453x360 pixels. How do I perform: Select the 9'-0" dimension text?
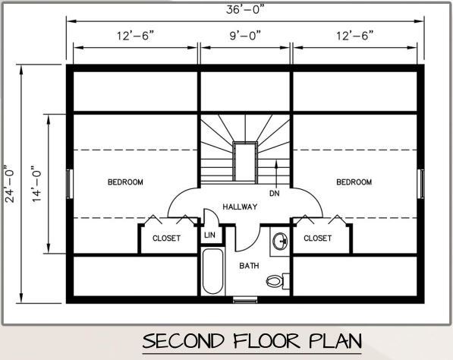pos(244,35)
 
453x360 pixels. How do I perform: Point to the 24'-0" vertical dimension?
pos(9,182)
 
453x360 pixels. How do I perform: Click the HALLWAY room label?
pos(240,207)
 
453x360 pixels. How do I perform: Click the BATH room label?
pos(249,266)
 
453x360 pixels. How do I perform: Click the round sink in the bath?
pos(279,242)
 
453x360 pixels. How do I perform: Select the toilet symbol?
pos(277,280)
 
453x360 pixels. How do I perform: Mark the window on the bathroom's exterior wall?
pos(244,301)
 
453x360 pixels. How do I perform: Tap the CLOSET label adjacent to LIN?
pos(166,238)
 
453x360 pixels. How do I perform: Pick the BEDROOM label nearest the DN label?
pos(354,182)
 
